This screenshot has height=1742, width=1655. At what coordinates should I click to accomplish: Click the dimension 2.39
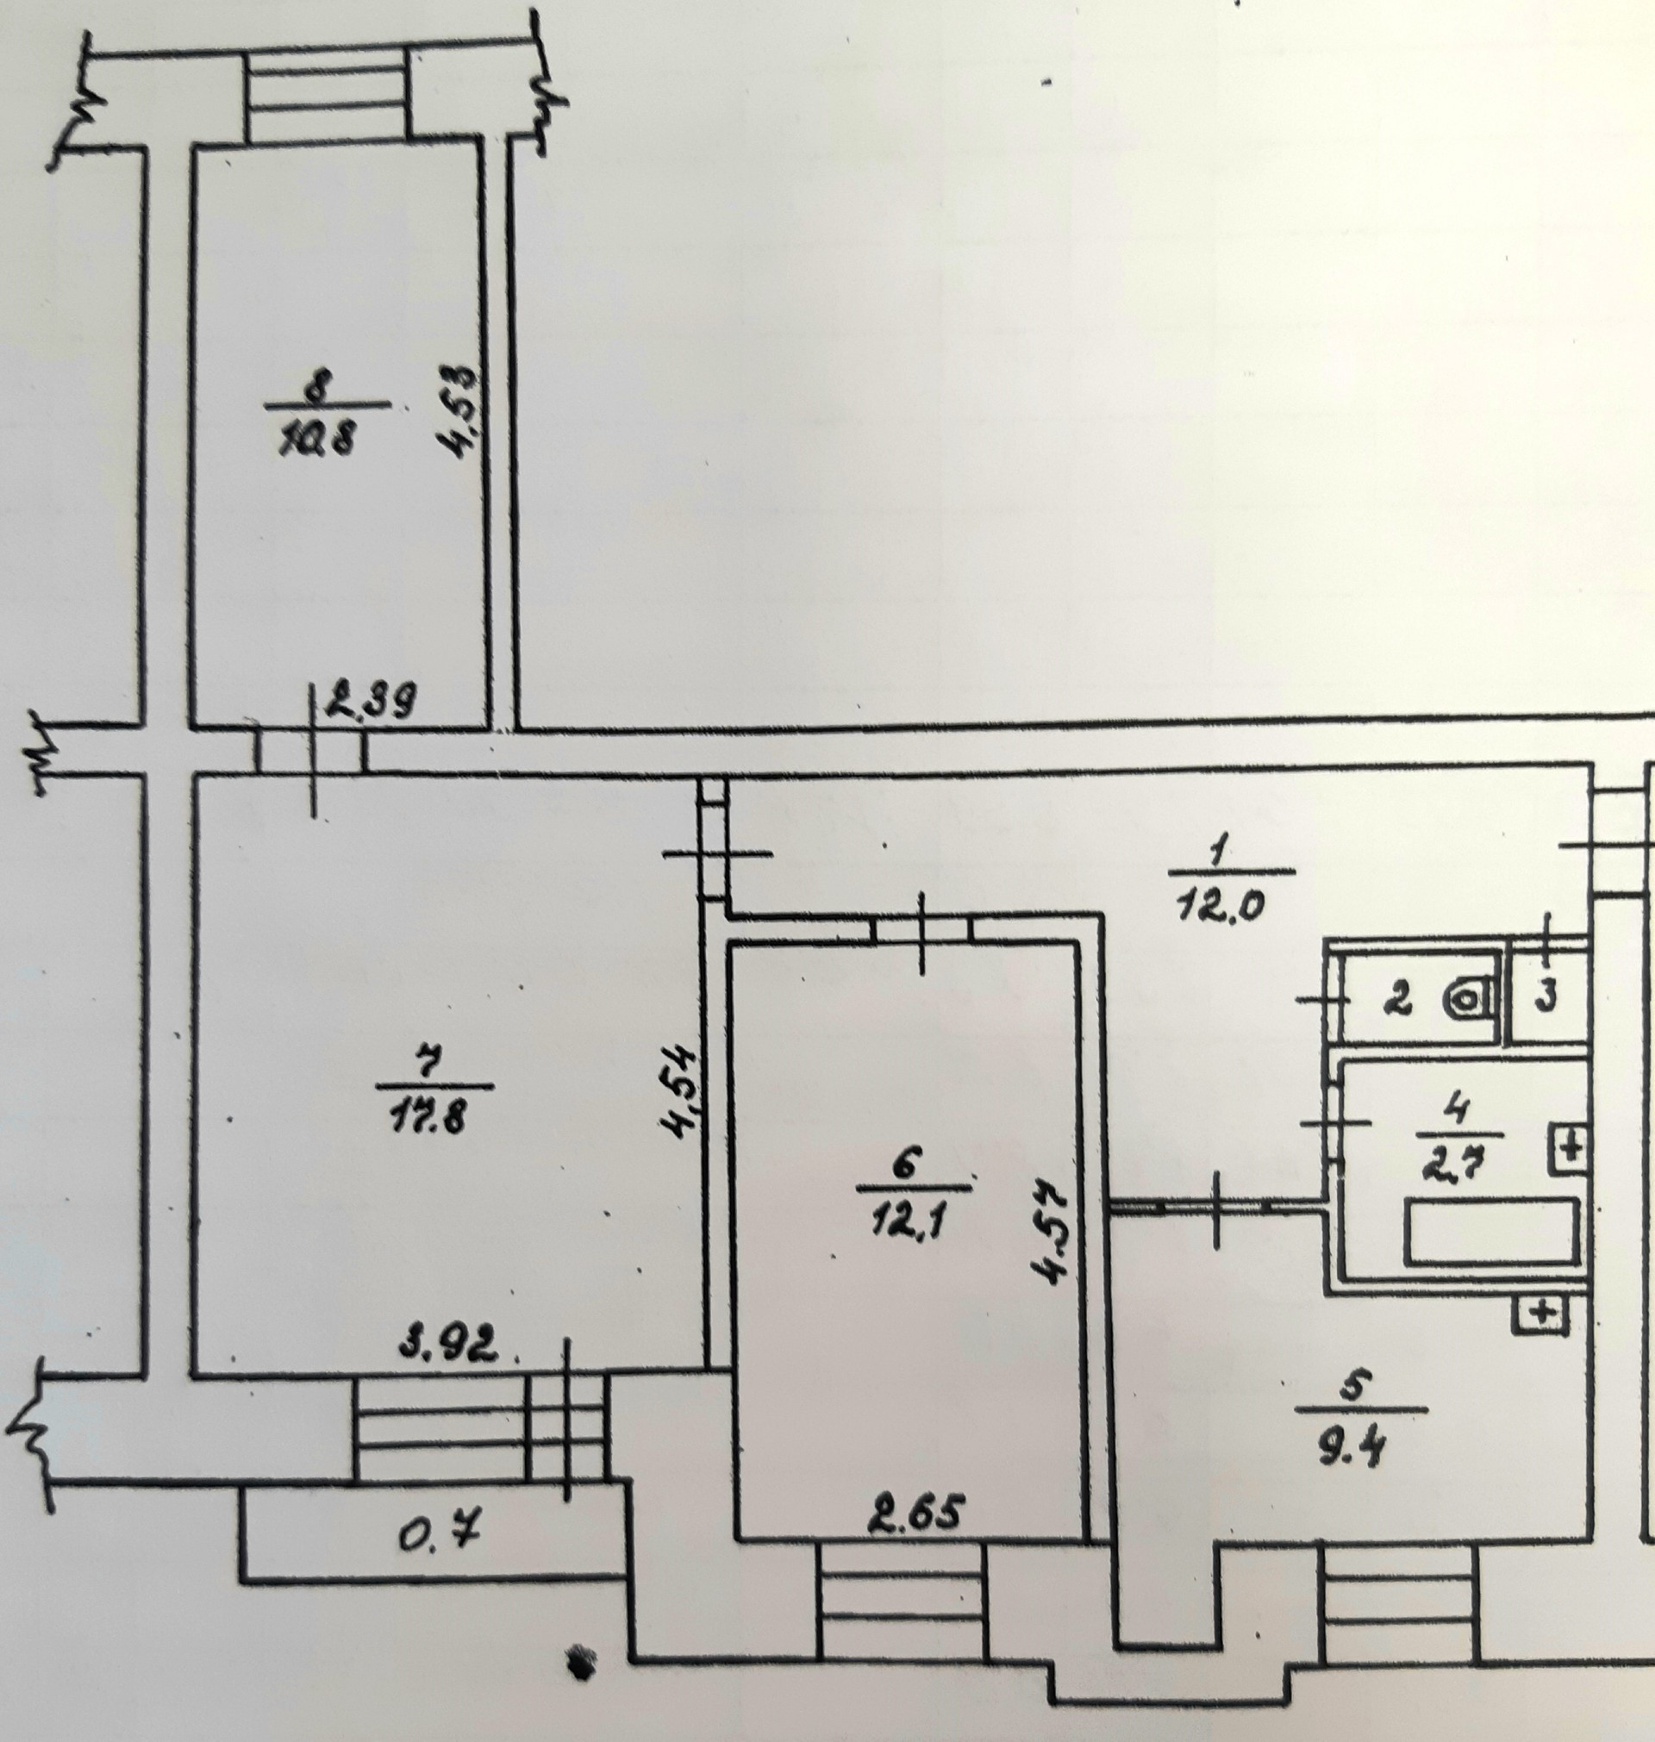(371, 703)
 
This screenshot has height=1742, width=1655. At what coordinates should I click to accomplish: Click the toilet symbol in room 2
(1469, 1000)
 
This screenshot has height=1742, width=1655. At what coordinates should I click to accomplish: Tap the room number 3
(1546, 998)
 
